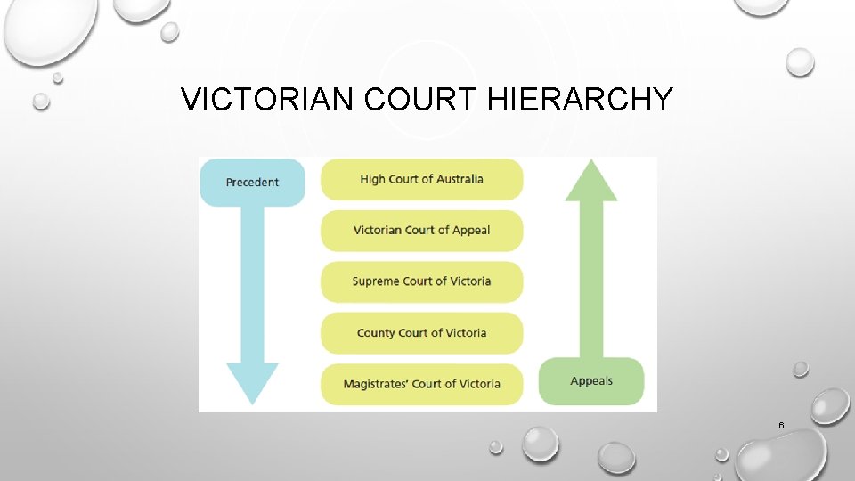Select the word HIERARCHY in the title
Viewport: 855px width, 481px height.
pos(581,100)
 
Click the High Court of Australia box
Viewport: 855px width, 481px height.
pos(421,179)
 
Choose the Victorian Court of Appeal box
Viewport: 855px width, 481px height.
pos(421,231)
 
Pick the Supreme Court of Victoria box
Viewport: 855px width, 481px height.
pos(421,281)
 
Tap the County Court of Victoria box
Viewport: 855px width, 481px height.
pos(421,333)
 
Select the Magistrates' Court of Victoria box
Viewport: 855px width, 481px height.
pos(421,384)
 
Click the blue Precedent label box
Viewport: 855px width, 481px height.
pos(252,183)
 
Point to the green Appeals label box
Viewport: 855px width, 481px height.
pos(591,381)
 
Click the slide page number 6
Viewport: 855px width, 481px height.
pos(781,426)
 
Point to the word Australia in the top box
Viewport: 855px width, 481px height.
pos(458,179)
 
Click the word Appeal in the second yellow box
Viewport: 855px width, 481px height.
pos(470,231)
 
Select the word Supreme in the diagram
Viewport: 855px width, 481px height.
pos(376,281)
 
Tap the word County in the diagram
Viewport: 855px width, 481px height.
pos(376,333)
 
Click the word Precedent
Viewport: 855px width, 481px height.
pos(252,183)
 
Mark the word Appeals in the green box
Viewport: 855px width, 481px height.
pos(591,381)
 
